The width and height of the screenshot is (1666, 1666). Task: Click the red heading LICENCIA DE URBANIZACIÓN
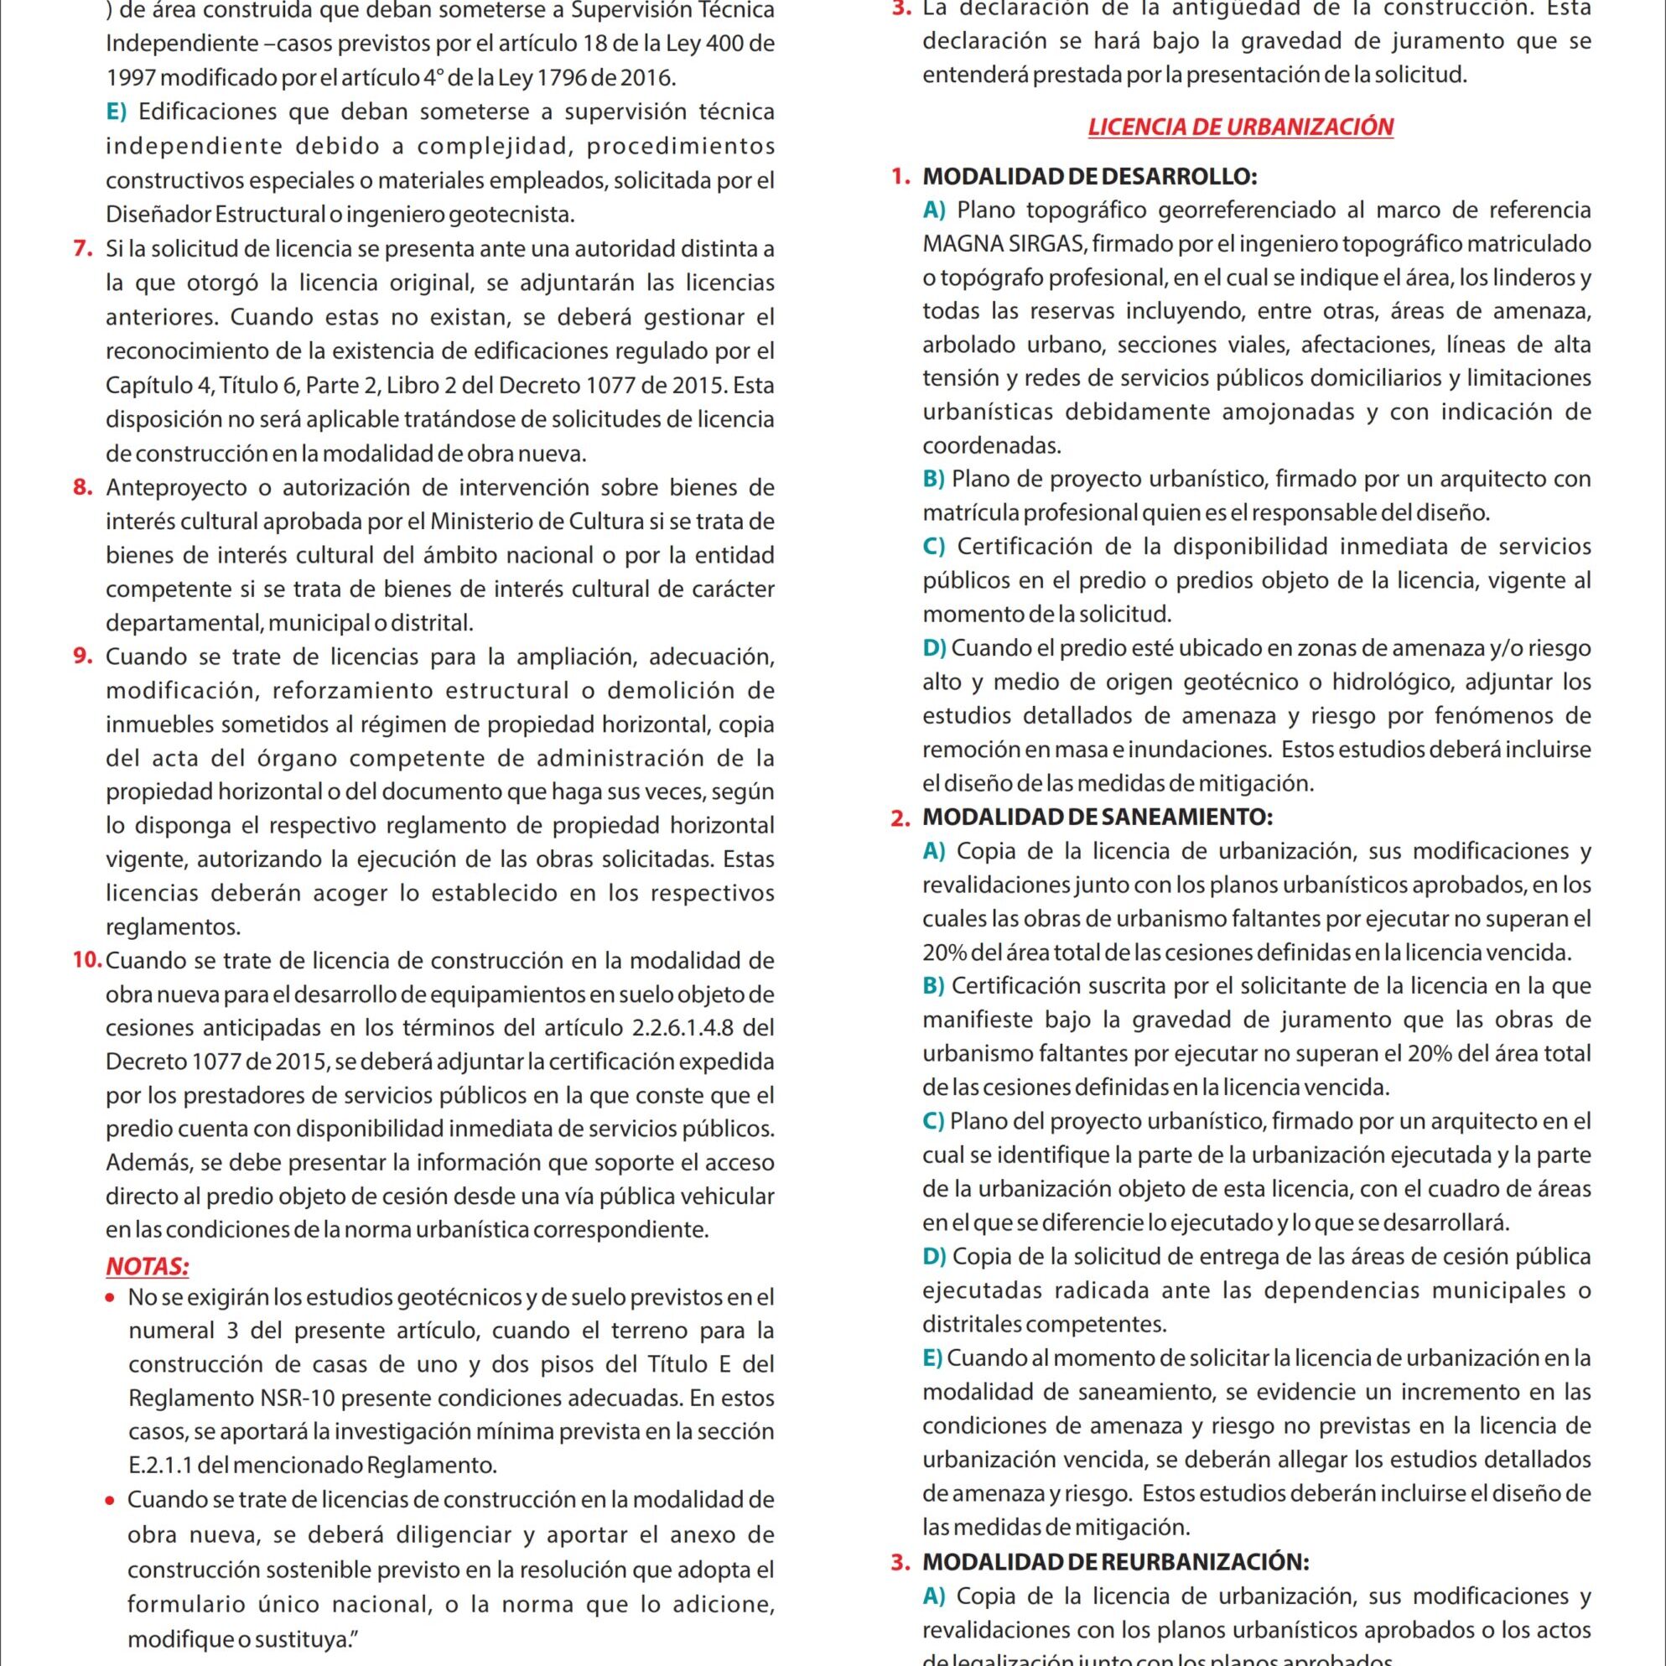1240,127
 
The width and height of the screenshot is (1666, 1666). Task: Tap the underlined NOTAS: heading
148,1267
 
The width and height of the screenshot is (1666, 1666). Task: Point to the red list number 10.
88,960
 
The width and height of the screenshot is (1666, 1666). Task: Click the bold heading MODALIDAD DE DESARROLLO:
1089,177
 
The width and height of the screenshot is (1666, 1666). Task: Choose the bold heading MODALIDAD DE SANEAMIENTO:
1097,817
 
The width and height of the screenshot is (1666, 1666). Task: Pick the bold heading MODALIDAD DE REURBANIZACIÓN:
1116,1562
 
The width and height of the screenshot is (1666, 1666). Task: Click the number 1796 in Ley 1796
565,78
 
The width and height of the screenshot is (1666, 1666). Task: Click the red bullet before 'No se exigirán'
110,1298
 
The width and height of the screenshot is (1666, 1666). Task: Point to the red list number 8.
83,487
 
